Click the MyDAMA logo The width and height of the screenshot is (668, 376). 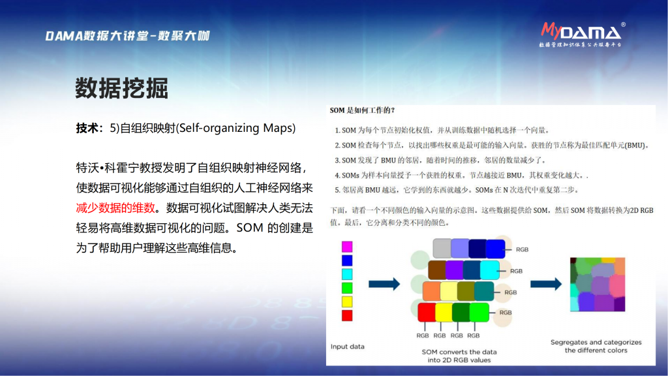point(582,34)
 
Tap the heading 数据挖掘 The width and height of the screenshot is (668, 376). point(122,88)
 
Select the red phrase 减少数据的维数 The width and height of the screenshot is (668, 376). point(115,208)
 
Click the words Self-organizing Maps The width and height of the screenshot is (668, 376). point(235,128)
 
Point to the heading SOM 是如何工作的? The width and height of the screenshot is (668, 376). point(362,110)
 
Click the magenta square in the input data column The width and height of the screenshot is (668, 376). point(347,246)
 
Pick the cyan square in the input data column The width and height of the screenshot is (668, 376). point(347,274)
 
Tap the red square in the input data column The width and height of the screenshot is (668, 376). point(347,315)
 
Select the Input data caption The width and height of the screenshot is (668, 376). point(348,347)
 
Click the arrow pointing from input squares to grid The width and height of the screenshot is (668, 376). point(384,284)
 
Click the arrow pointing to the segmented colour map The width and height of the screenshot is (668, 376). point(546,284)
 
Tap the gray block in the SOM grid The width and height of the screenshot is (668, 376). point(442,248)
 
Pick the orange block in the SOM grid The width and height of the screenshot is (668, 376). point(431,291)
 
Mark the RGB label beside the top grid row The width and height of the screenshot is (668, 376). point(522,249)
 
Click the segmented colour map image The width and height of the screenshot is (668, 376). point(598,285)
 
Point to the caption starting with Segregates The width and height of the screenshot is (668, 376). point(596,346)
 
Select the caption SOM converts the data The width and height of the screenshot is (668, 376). point(459,356)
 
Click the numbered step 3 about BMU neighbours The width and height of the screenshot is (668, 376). point(440,161)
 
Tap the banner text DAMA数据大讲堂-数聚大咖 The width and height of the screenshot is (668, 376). point(127,36)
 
